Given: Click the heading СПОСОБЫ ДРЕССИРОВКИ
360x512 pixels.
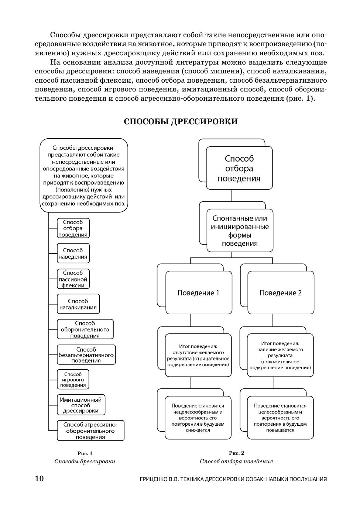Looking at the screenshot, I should pos(181,122).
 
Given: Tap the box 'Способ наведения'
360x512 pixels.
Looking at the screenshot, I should pos(73,253).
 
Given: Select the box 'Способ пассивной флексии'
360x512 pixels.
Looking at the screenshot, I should pos(73,279).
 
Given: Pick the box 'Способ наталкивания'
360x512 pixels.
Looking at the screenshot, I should pos(78,304).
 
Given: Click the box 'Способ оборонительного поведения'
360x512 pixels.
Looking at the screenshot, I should pos(85,329).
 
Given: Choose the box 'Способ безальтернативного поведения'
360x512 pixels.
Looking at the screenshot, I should pos(86,355).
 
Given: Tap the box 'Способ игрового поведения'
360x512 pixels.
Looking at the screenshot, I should pos(73,380).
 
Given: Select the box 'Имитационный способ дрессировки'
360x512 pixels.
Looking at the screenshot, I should pos(81,405).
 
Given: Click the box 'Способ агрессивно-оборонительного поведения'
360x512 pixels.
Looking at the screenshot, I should pos(90,430).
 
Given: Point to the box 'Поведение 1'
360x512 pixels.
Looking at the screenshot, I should pos(199,293).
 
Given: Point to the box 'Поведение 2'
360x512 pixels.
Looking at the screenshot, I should pos(281,293).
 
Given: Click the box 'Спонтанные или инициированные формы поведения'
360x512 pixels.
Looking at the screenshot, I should pos(240,231).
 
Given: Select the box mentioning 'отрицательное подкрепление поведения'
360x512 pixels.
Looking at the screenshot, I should pos(198,355).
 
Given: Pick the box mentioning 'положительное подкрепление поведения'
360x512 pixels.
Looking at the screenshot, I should pos(280,355).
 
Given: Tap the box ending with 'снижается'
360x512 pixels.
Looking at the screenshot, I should pos(198,418).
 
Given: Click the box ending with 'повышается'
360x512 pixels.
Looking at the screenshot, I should pos(280,418).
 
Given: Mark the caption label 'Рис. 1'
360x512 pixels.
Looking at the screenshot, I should pos(85,453).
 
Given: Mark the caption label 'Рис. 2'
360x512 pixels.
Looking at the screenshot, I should pos(237,453).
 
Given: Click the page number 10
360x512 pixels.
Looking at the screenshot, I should pos(40,478).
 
